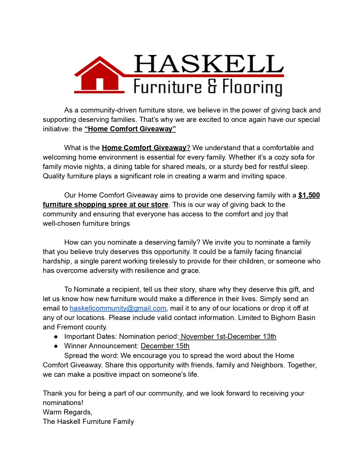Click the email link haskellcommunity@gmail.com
[118, 308]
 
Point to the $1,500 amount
[309, 195]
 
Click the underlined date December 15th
[165, 346]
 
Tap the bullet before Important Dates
[56, 337]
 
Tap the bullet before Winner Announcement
[56, 346]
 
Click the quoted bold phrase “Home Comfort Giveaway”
[130, 129]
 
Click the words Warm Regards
[67, 412]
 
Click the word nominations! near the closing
[63, 403]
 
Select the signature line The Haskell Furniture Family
[88, 422]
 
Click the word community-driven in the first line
[108, 110]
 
